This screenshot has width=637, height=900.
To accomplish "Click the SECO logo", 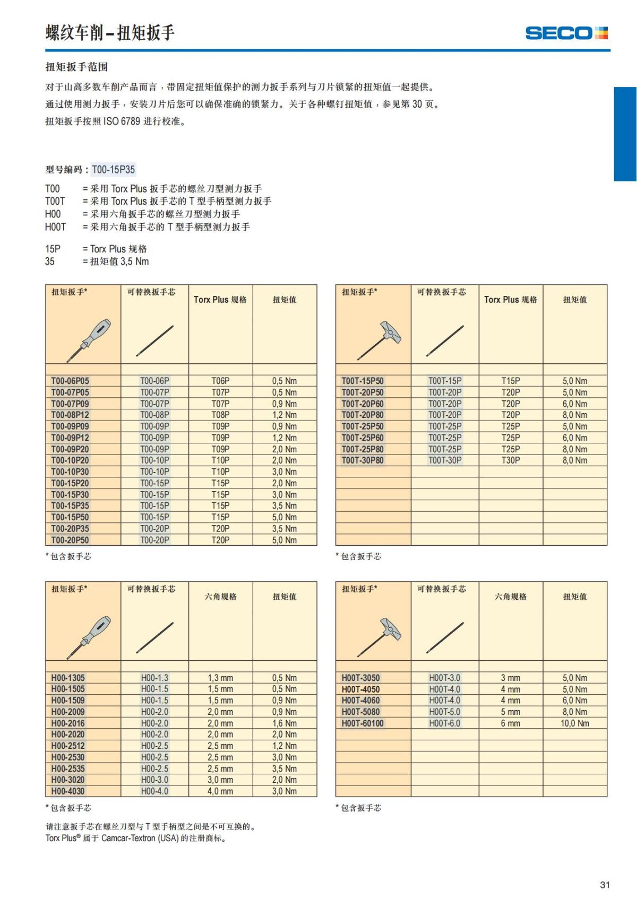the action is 566,33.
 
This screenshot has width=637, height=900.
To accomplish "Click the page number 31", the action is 605,885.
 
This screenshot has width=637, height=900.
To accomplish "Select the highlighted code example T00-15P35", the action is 114,170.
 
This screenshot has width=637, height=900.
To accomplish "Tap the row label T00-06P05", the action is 70,381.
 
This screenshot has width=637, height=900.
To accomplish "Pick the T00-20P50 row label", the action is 70,540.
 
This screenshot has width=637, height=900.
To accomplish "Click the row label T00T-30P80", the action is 362,460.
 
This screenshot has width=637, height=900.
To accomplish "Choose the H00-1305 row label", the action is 68,678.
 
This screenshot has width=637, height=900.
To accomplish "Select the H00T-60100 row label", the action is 363,723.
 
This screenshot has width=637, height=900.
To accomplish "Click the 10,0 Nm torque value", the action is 575,723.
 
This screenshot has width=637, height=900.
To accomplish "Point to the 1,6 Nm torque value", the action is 285,723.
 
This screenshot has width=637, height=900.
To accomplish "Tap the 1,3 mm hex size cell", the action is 220,678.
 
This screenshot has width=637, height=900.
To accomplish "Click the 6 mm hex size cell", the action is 511,723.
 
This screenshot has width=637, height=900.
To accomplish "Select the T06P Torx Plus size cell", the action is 220,381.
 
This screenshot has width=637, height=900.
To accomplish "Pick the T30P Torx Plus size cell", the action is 511,460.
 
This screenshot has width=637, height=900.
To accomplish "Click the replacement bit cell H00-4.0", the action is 154,791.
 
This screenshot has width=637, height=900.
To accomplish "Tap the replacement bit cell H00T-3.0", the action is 445,678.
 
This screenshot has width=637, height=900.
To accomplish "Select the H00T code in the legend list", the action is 55,227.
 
